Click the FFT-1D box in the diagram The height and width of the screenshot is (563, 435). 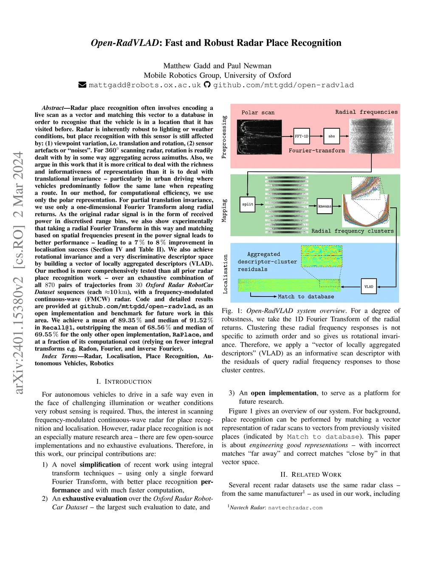click(x=302, y=136)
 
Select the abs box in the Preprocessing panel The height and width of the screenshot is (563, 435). click(x=331, y=136)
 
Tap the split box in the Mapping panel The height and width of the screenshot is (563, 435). click(x=248, y=204)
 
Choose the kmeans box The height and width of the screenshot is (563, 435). click(x=325, y=206)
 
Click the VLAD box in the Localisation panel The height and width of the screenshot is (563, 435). click(x=369, y=286)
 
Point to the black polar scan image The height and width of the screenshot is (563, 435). click(x=259, y=136)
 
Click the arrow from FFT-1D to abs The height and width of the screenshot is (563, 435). click(x=316, y=136)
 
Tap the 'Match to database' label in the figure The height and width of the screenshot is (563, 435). click(x=306, y=297)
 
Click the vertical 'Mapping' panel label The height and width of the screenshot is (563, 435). click(x=224, y=210)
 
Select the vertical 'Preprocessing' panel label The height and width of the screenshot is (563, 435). click(x=224, y=137)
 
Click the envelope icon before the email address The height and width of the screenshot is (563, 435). click(x=82, y=85)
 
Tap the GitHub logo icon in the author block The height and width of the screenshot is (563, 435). click(x=207, y=85)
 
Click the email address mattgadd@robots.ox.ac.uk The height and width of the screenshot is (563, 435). click(x=145, y=85)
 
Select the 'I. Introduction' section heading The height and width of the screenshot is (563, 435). click(x=124, y=382)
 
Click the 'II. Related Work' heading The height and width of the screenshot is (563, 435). click(x=311, y=474)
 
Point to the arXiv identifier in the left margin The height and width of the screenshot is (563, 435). click(x=18, y=272)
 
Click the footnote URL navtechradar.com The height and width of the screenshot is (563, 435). click(x=295, y=507)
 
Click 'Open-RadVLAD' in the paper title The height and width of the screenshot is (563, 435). click(x=124, y=43)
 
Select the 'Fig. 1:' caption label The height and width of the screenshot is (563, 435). click(x=232, y=311)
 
